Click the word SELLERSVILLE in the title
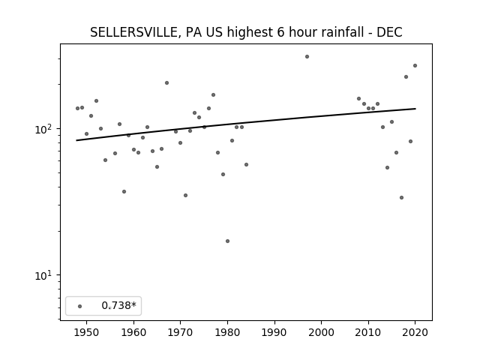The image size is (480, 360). click(133, 32)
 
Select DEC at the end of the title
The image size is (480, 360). click(389, 32)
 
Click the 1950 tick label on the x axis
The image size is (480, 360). click(87, 332)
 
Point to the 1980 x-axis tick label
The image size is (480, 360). click(227, 332)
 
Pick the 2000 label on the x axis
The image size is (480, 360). click(322, 332)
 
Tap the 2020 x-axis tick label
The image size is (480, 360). click(415, 332)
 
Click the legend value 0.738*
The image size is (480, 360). click(118, 305)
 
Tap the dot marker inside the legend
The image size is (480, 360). click(80, 306)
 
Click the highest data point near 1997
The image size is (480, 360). click(307, 57)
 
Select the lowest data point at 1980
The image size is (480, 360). click(227, 241)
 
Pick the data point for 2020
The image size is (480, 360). click(415, 65)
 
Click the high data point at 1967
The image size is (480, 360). click(166, 82)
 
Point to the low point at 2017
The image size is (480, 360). click(402, 198)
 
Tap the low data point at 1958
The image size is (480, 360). click(124, 192)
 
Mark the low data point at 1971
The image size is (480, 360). click(185, 195)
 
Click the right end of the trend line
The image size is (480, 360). click(415, 109)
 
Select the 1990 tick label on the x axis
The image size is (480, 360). click(274, 332)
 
